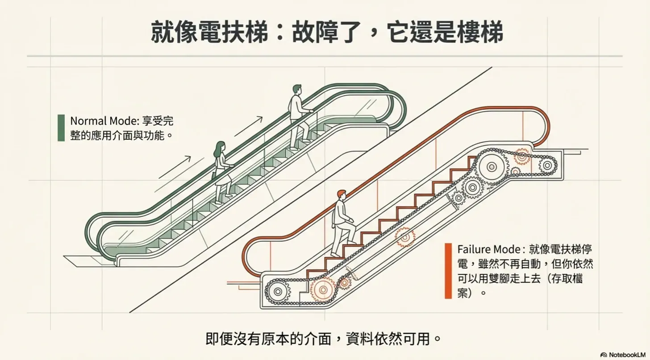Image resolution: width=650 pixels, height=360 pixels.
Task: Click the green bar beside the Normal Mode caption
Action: [61, 128]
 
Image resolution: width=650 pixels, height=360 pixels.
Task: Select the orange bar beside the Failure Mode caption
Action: [448, 270]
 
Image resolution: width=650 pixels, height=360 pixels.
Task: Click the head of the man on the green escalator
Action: [297, 89]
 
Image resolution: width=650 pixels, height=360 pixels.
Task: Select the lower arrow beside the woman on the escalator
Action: [175, 167]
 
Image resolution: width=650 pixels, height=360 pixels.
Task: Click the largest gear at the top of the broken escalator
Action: [492, 166]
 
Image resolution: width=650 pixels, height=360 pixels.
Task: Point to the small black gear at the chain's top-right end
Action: [547, 166]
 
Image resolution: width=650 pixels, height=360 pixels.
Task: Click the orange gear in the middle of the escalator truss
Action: [405, 237]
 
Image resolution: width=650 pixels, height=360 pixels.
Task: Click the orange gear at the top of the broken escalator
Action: [521, 156]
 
